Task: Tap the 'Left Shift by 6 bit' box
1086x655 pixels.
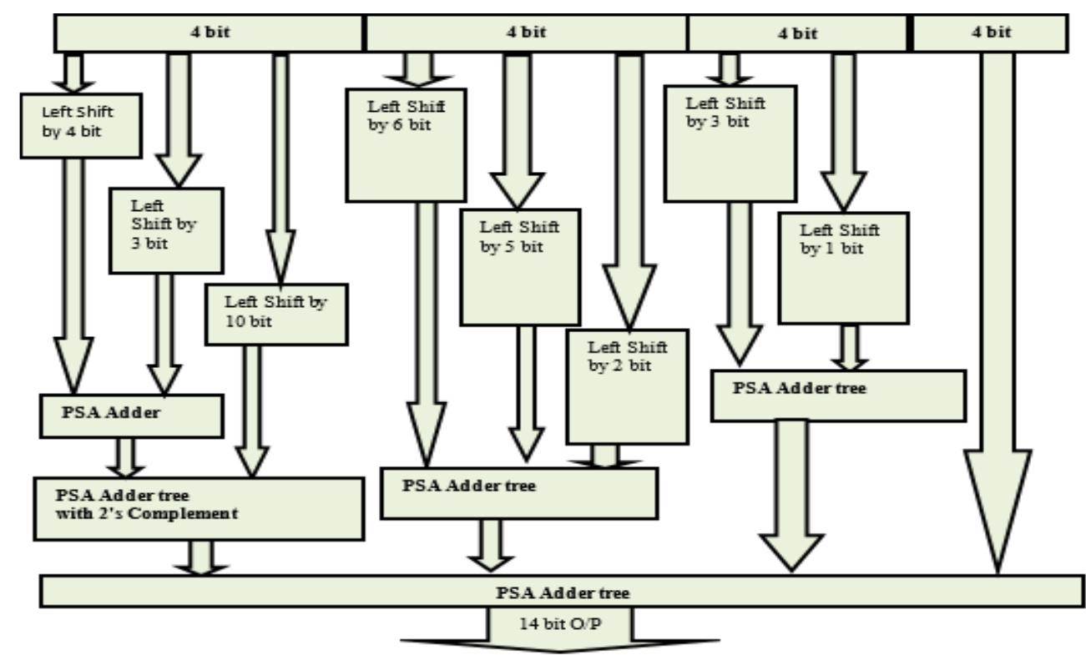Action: click(x=405, y=144)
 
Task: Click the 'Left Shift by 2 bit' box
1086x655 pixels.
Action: click(x=628, y=386)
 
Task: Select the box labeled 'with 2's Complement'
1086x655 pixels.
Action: click(x=199, y=507)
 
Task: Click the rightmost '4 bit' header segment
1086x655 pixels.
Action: click(x=991, y=33)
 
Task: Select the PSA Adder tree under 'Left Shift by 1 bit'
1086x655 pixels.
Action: click(x=837, y=395)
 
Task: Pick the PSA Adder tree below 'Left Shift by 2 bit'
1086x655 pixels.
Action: click(x=518, y=492)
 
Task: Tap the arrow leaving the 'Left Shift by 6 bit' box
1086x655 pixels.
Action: click(x=427, y=334)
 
